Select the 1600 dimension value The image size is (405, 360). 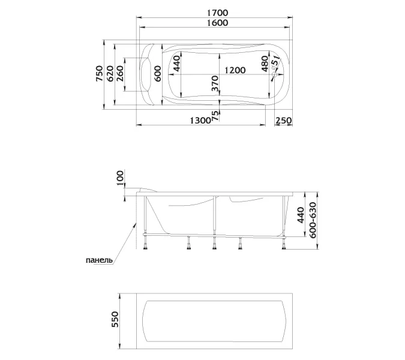pyautogui.click(x=217, y=23)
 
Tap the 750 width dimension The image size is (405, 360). pyautogui.click(x=99, y=74)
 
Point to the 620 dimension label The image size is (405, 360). pyautogui.click(x=110, y=74)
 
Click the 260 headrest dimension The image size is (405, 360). pyautogui.click(x=120, y=74)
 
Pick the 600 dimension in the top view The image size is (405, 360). pyautogui.click(x=157, y=74)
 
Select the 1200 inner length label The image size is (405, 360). pyautogui.click(x=235, y=70)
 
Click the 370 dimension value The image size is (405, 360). pyautogui.click(x=215, y=83)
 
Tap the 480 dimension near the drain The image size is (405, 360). pyautogui.click(x=265, y=64)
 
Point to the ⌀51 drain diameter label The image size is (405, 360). pyautogui.click(x=275, y=61)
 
